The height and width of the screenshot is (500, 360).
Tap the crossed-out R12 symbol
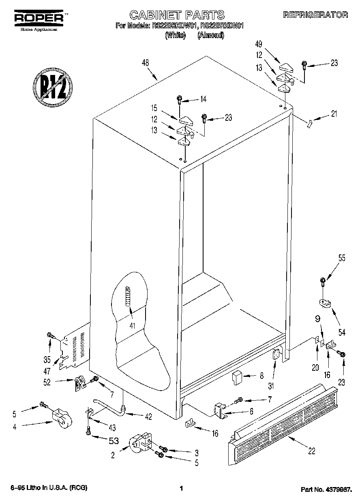coord(52,86)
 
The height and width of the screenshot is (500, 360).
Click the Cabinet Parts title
coord(176,15)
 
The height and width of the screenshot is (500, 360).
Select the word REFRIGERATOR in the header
coord(315,15)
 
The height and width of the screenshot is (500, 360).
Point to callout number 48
coord(145,63)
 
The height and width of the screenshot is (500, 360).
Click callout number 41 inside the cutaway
coord(132,325)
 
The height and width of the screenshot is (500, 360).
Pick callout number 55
coord(341,258)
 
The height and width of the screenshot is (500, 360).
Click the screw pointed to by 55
coord(323,280)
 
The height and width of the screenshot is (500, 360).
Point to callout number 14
coord(203,99)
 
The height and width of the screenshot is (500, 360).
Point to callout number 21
coord(334,114)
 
